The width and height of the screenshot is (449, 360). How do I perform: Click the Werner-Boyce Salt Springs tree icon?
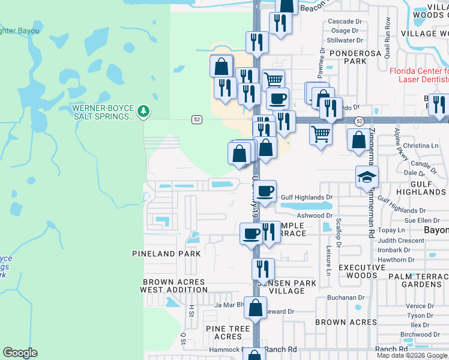pos(143,110)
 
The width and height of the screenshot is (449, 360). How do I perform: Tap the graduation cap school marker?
pos(367,177)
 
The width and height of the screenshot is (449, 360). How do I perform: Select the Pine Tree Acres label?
pos(228,332)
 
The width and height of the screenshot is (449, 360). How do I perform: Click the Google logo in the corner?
pos(20,353)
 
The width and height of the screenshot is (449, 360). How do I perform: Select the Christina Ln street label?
pos(421,146)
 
